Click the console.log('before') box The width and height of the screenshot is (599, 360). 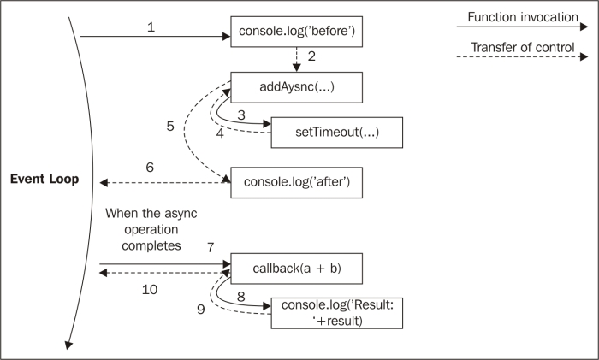pyautogui.click(x=296, y=32)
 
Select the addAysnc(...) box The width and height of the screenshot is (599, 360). pyautogui.click(x=296, y=87)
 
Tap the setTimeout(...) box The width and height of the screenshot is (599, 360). pyautogui.click(x=337, y=133)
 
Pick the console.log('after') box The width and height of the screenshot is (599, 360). pyautogui.click(x=296, y=182)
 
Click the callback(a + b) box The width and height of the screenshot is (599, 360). pyautogui.click(x=296, y=269)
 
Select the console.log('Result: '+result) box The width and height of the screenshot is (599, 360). pyautogui.click(x=337, y=313)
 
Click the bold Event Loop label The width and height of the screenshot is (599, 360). pyautogui.click(x=44, y=179)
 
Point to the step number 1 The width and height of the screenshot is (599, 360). pyautogui.click(x=151, y=27)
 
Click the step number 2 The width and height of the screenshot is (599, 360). pyautogui.click(x=311, y=56)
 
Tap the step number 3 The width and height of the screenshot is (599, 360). pyautogui.click(x=241, y=115)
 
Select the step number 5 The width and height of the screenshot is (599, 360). pyautogui.click(x=170, y=127)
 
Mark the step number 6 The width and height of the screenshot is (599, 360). pyautogui.click(x=150, y=168)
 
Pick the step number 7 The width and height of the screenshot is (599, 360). pyautogui.click(x=211, y=248)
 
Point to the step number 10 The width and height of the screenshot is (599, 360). pyautogui.click(x=150, y=290)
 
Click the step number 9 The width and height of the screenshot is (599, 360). pyautogui.click(x=201, y=310)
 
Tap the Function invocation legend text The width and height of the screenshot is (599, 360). pyautogui.click(x=523, y=18)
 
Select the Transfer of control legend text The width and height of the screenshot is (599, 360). pyautogui.click(x=523, y=47)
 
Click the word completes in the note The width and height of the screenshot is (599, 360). pyautogui.click(x=151, y=246)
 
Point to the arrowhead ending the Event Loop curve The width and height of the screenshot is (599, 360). pyautogui.click(x=68, y=345)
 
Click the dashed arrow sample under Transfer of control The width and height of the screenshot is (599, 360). pyautogui.click(x=522, y=57)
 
